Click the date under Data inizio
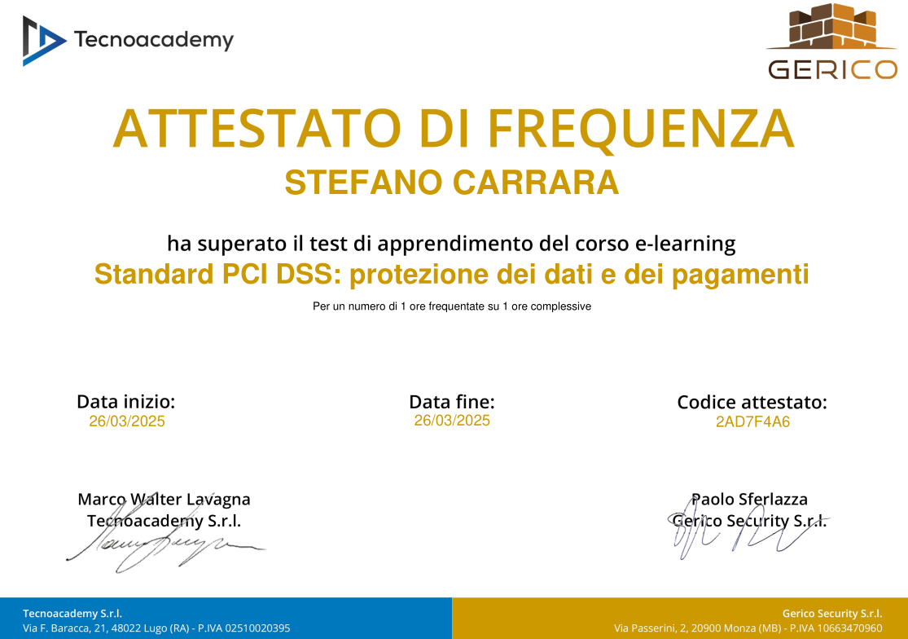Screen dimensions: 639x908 click(126, 421)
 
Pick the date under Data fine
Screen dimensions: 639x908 click(452, 421)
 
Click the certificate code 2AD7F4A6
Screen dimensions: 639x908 click(752, 422)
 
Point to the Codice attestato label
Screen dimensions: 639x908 click(752, 402)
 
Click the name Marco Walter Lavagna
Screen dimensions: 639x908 click(164, 499)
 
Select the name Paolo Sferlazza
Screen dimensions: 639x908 click(749, 499)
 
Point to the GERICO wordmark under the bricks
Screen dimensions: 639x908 click(832, 70)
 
